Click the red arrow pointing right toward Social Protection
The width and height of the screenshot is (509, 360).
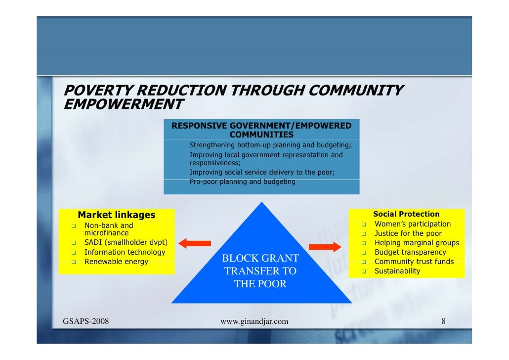pos(325,247)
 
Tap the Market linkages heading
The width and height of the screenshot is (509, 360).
pos(117,215)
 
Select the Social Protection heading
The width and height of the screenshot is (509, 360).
pos(406,214)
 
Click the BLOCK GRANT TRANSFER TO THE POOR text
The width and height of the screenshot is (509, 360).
pos(260,271)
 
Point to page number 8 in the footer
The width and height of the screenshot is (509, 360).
pos(443,322)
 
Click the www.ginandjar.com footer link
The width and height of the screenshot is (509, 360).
pos(254,322)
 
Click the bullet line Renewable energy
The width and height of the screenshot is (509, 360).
pos(116,262)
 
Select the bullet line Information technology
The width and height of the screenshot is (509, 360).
pos(125,252)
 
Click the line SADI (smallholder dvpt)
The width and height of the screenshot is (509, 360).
pos(126,243)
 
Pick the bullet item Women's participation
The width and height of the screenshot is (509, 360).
pos(412,224)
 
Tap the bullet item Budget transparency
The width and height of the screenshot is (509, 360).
pos(410,252)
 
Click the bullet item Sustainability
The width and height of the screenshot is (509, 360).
pos(397,271)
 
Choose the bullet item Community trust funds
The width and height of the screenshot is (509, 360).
pos(414,262)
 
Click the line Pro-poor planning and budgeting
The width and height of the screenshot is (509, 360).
pos(242,181)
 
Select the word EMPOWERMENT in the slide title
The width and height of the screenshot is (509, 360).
pos(124,105)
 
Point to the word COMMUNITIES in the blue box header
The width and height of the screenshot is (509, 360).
pos(261,135)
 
